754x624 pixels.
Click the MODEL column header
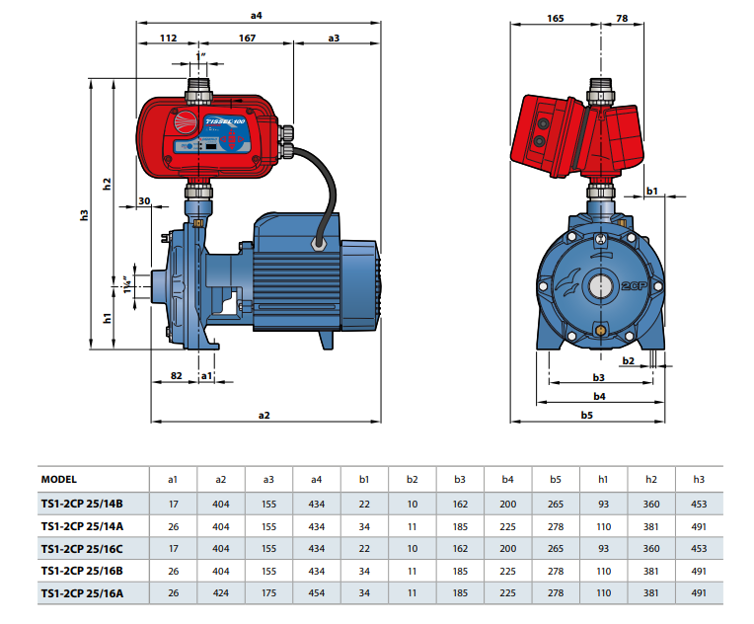[x=58, y=479]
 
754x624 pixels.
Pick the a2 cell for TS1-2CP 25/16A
[x=221, y=594]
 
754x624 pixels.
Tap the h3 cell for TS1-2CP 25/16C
[x=699, y=549]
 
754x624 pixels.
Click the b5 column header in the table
[x=556, y=479]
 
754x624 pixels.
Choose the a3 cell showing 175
[x=268, y=594]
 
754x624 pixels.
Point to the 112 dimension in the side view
[x=168, y=39]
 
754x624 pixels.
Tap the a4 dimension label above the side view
[x=258, y=15]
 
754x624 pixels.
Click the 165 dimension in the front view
[x=555, y=18]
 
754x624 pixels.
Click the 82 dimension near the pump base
[x=177, y=376]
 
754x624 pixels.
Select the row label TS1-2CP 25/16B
[x=82, y=572]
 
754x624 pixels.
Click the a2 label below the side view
[x=264, y=416]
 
